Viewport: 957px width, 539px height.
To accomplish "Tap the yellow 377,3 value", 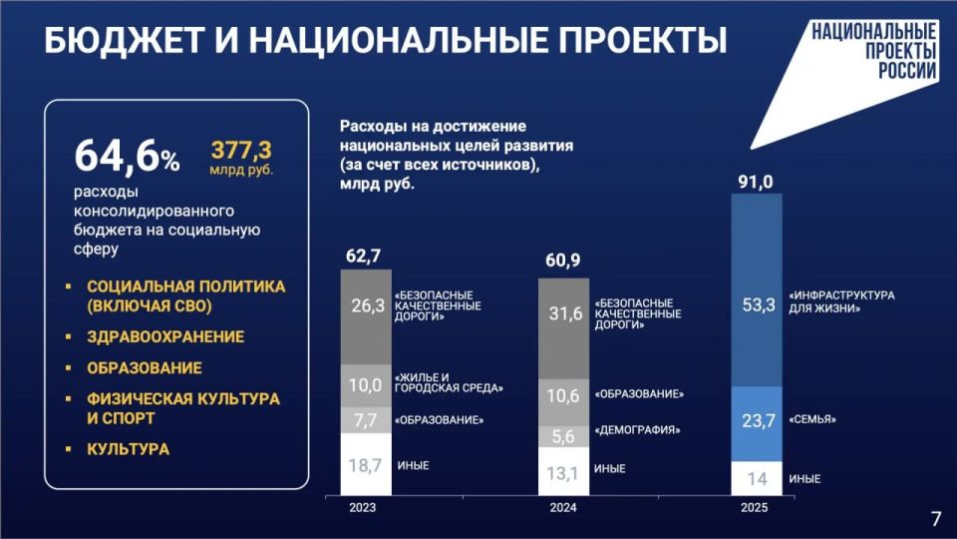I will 240,151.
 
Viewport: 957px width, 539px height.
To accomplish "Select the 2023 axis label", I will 363,507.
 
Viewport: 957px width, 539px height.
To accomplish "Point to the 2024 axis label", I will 563,507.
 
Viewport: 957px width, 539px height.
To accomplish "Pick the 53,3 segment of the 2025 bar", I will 758,305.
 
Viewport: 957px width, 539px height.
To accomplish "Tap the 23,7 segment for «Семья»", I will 758,421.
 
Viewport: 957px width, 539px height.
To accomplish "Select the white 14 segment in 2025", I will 758,479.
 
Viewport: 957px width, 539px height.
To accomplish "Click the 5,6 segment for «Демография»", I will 564,435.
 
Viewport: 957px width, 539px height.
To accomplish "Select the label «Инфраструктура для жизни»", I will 841,301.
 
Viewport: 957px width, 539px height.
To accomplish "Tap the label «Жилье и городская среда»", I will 449,381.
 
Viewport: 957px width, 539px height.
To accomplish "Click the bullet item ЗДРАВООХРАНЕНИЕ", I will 165,337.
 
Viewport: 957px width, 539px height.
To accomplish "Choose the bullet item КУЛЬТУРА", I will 128,449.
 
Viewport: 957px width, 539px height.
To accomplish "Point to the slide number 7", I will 935,518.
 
